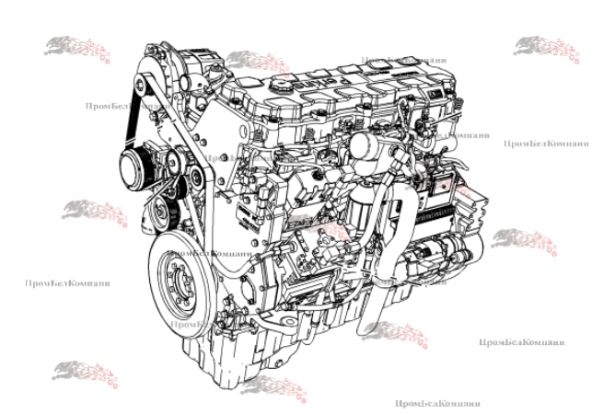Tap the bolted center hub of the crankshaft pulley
(179, 280)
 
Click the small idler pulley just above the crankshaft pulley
(162, 218)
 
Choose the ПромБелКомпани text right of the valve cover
(545, 144)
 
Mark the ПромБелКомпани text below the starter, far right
(521, 342)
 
